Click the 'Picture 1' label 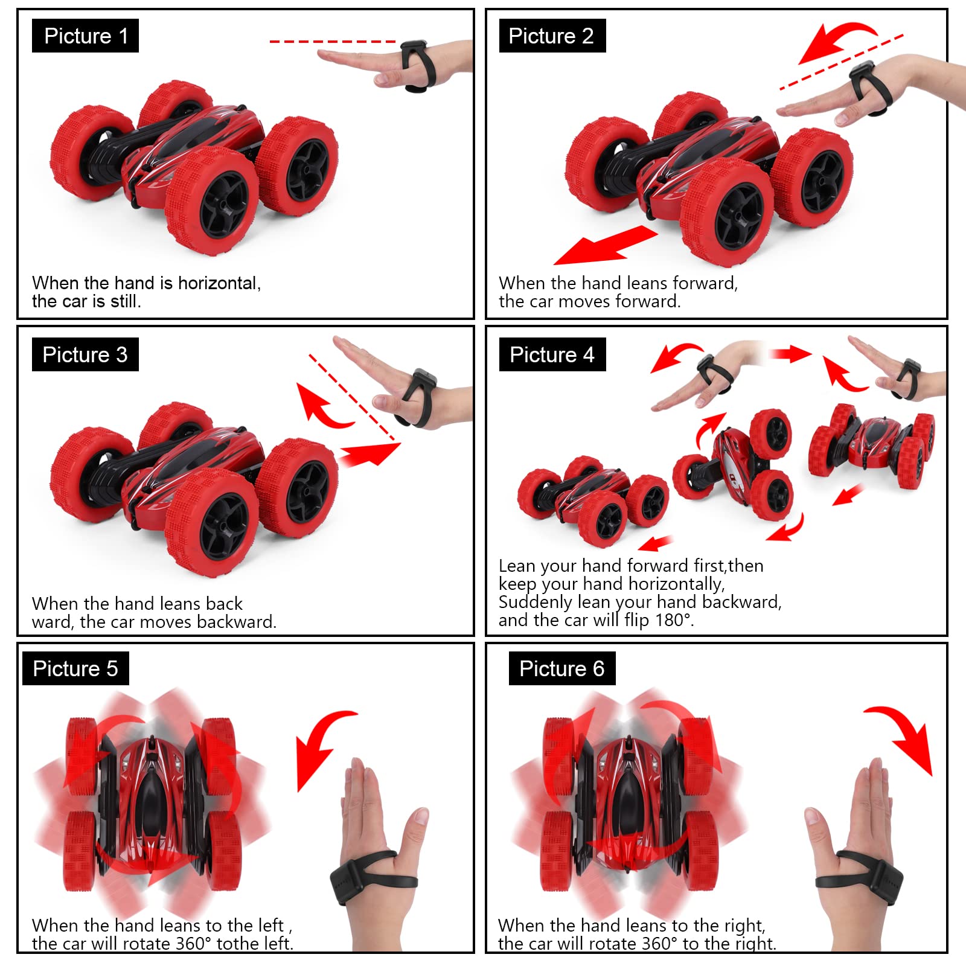[86, 36]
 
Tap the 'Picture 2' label [552, 36]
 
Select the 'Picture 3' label [85, 354]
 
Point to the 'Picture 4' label [552, 354]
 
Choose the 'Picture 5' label [75, 668]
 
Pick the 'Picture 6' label [562, 668]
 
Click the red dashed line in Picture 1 [333, 42]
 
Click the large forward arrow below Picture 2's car [606, 245]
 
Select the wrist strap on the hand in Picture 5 [373, 875]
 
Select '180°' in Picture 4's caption [674, 620]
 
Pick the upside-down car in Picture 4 [872, 446]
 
